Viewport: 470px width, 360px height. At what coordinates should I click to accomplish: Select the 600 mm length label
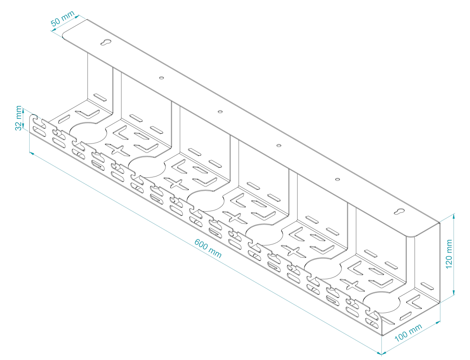click(x=208, y=249)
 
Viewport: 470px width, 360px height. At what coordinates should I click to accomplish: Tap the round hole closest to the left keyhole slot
click(x=161, y=78)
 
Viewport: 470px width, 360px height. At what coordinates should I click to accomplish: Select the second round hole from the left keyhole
click(x=220, y=111)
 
